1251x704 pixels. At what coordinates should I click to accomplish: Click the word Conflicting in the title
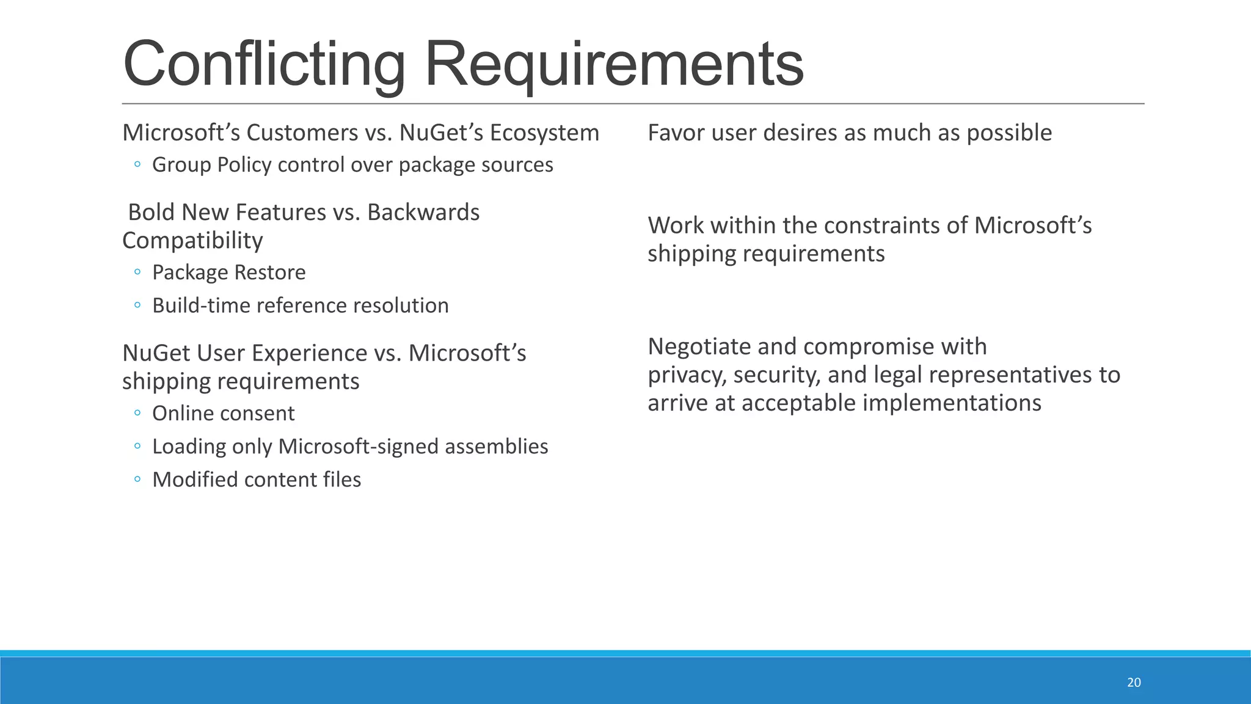(264, 64)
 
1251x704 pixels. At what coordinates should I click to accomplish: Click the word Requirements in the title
(613, 64)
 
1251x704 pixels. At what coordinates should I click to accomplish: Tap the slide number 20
(1134, 683)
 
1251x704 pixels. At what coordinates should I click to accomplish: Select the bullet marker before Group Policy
(137, 164)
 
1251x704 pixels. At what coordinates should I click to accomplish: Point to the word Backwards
(423, 212)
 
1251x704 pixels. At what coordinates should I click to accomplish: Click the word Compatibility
(192, 241)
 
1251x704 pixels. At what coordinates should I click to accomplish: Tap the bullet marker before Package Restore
(137, 271)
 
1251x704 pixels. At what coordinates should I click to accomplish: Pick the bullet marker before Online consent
(137, 413)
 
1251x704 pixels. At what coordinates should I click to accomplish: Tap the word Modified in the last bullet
(195, 480)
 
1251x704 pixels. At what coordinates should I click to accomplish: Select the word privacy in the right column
(687, 375)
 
